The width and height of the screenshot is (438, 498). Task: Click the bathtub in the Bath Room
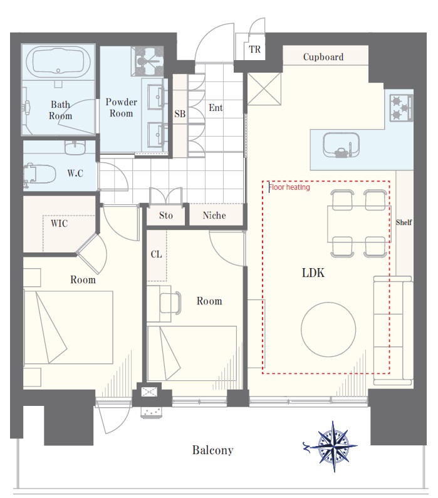(58, 62)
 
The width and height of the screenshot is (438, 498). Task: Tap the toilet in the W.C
(39, 174)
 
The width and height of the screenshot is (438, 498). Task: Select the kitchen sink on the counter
(341, 145)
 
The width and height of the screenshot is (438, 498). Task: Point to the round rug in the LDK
(328, 329)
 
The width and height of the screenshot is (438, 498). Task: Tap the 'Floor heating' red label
(289, 187)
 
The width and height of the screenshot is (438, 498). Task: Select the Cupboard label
(323, 57)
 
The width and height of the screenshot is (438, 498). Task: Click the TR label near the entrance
(255, 49)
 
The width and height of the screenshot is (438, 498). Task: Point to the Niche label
(214, 215)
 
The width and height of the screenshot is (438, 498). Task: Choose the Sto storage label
(166, 215)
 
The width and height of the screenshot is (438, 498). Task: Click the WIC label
(60, 223)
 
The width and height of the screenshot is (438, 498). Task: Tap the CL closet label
(156, 254)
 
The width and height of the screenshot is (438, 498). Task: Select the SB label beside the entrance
(180, 114)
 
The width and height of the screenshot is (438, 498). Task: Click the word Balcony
(213, 450)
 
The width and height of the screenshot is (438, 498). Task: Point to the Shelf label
(404, 222)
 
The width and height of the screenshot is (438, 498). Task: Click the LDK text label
(313, 273)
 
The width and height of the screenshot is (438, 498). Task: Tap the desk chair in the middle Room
(170, 303)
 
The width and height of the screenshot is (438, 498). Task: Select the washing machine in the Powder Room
(148, 61)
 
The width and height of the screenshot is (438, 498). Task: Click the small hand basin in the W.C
(75, 147)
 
